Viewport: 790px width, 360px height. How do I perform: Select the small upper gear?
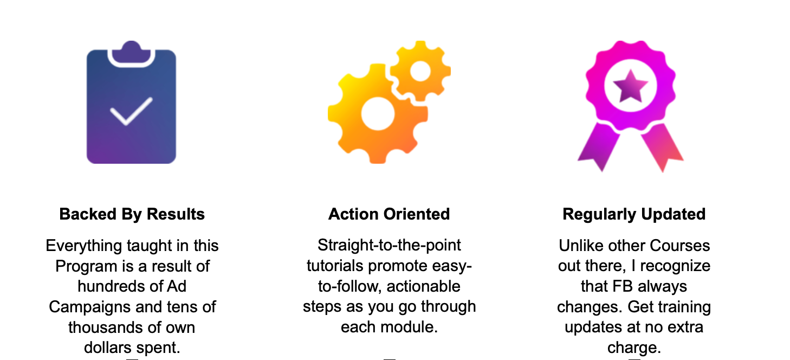[x=420, y=70]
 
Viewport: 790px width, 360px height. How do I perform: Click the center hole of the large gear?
[x=378, y=114]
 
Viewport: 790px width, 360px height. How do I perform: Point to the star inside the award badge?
[x=630, y=86]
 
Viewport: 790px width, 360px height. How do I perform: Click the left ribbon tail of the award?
[x=599, y=146]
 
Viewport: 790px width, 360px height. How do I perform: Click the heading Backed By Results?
[x=132, y=214]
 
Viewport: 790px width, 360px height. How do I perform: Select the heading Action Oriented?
[x=389, y=214]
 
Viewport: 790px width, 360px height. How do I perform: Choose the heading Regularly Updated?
[x=634, y=214]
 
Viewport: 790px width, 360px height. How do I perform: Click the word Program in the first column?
[x=86, y=266]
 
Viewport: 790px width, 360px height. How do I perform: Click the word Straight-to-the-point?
[x=389, y=245]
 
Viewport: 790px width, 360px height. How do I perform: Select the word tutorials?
[x=335, y=266]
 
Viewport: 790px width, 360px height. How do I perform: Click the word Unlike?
[x=578, y=246]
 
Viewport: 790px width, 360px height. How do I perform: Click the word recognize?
[x=675, y=266]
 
